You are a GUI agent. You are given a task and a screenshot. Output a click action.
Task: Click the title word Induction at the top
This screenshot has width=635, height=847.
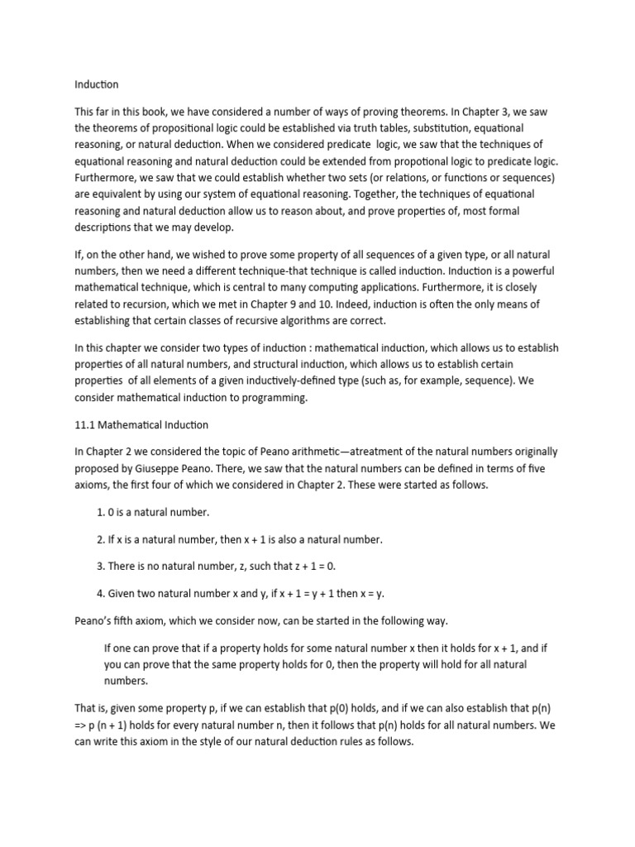pos(97,84)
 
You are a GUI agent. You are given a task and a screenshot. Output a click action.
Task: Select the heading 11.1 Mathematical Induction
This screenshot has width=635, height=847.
pos(141,425)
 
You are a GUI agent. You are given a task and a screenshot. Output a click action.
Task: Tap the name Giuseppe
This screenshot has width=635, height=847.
pos(180,469)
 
